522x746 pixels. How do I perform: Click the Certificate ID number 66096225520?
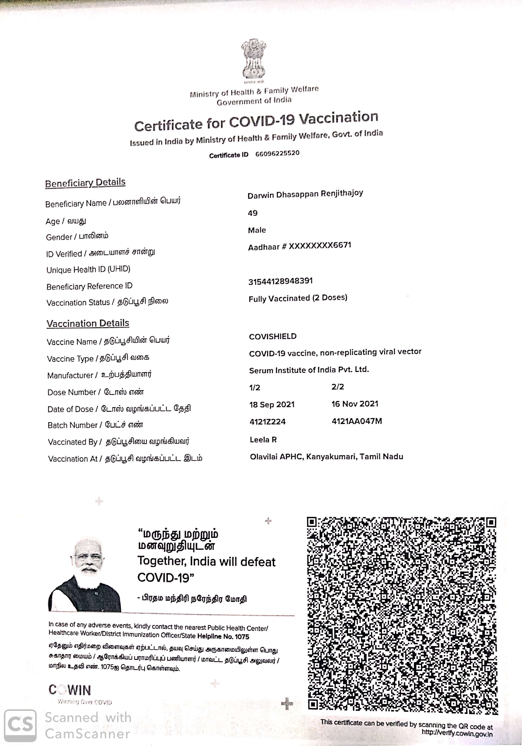click(x=277, y=153)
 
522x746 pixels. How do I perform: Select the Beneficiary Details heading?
click(x=85, y=183)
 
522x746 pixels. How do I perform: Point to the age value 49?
click(x=252, y=213)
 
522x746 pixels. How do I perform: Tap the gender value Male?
click(x=257, y=230)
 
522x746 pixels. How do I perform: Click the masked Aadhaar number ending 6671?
click(x=300, y=246)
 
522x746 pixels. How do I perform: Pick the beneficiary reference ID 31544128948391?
click(x=280, y=281)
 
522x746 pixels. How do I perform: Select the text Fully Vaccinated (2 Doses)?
click(x=298, y=298)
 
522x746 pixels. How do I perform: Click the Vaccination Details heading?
click(x=88, y=323)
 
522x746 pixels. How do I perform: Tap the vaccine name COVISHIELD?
click(x=273, y=336)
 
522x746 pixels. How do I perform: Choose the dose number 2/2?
click(x=337, y=387)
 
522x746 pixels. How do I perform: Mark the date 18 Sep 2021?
click(x=272, y=405)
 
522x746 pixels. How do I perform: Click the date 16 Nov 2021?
click(x=355, y=404)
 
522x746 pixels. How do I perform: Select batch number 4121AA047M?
click(x=357, y=421)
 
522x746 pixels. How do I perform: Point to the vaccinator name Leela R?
click(x=263, y=440)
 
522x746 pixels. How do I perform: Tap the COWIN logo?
click(x=70, y=690)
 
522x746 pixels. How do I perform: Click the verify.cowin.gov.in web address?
click(x=457, y=734)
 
